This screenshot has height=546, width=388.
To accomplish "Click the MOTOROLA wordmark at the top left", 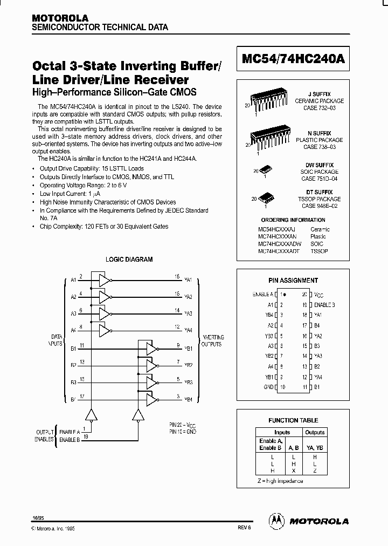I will coord(60,18).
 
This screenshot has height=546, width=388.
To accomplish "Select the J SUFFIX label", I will coord(323,94).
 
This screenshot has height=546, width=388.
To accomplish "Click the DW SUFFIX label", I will coord(323,165).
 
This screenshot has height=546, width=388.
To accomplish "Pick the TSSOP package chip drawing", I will coord(266,198).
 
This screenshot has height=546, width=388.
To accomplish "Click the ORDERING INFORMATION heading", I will coord(293,220).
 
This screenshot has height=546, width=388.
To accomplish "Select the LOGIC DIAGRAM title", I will coord(129,259).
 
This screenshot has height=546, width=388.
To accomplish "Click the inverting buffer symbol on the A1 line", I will coord(103,280).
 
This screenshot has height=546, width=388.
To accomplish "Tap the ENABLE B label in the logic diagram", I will coord(70,440).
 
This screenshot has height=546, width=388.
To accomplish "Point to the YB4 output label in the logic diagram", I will coord(188,400).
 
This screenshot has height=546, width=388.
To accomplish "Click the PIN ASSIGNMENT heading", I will coord(293,280).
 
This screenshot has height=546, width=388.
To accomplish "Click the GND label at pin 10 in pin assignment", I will coord(267,387).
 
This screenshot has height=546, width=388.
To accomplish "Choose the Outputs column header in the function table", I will coord(315,432).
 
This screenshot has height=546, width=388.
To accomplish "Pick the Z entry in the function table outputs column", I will coord(315,470).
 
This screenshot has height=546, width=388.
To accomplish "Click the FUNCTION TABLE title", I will coord(293,420).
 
